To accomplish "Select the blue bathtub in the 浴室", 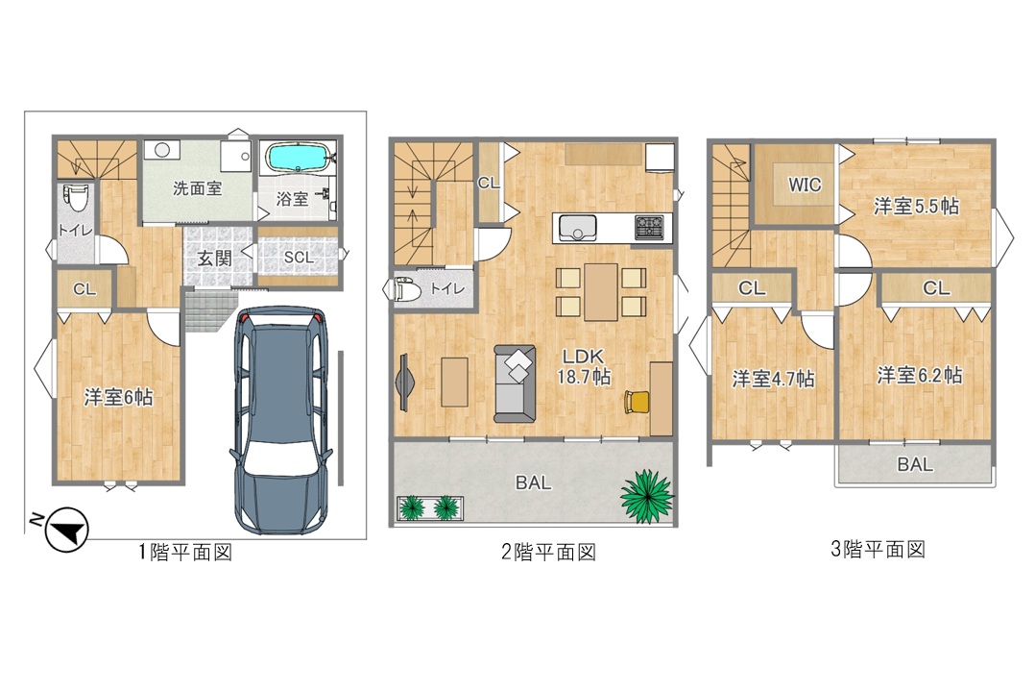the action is (297, 158).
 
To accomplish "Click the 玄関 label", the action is (214, 258).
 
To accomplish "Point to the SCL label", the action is (299, 258).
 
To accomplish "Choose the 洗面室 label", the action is (197, 188).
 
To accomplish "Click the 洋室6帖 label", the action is (118, 397).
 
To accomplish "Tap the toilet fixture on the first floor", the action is (76, 198).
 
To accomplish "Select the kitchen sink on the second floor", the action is (578, 228).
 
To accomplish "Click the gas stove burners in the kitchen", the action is (649, 228).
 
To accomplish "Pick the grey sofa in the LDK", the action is (515, 384).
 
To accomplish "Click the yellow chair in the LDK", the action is (638, 402).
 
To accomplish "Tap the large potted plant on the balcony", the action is (647, 496).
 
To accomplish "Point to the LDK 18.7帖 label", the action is (584, 367).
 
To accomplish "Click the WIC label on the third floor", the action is (805, 185).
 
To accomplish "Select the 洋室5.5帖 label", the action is (916, 207).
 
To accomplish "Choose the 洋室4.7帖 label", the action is (773, 379).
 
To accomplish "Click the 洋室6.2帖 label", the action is (920, 376).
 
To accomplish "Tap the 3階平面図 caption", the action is (878, 549).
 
